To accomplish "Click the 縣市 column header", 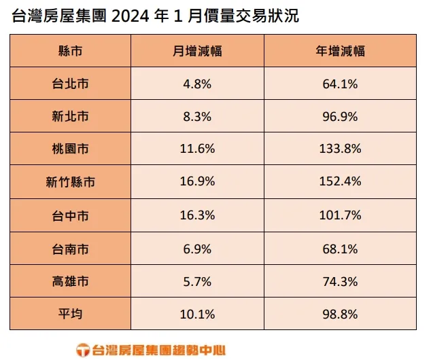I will pyautogui.click(x=70, y=51).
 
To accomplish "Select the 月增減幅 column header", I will pyautogui.click(x=198, y=51).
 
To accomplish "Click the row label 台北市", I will pyautogui.click(x=70, y=84).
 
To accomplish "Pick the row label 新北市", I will pyautogui.click(x=70, y=117).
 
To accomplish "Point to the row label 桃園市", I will pyautogui.click(x=70, y=149).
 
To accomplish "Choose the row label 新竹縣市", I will pyautogui.click(x=70, y=182).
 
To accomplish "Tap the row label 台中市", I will pyautogui.click(x=70, y=215).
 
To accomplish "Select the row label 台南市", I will pyautogui.click(x=70, y=249).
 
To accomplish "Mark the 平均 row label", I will pyautogui.click(x=70, y=314).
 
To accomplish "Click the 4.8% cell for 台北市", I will pyautogui.click(x=198, y=84).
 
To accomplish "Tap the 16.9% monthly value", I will pyautogui.click(x=198, y=182).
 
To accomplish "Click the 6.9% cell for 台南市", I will pyautogui.click(x=198, y=249).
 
